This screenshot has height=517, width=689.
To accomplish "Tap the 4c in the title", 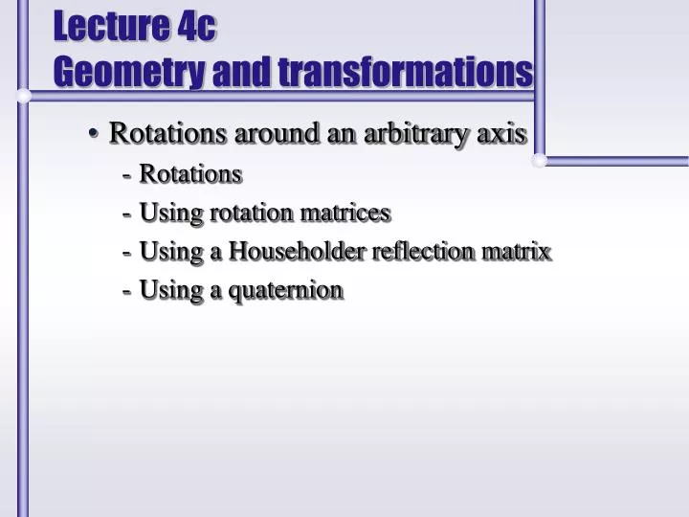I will click(x=196, y=27).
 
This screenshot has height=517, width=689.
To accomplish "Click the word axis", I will click(x=502, y=133).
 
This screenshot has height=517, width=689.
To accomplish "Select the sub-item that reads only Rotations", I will click(x=190, y=173).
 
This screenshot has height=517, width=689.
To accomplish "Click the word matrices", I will click(x=346, y=212).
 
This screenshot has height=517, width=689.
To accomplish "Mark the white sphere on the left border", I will click(x=23, y=96).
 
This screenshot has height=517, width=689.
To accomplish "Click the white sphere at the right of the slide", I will click(x=540, y=160).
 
